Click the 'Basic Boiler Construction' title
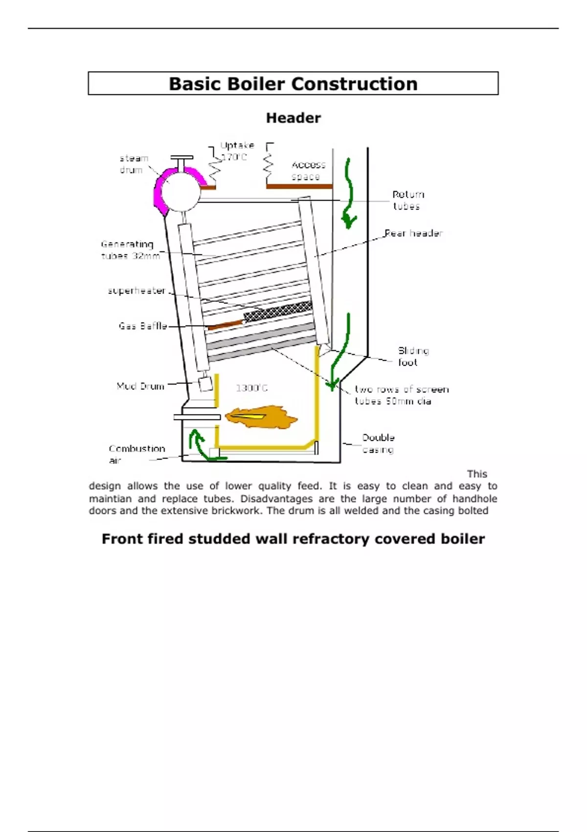coord(293,84)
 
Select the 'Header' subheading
coord(293,118)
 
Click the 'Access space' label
coord(308,170)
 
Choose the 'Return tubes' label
coord(408,200)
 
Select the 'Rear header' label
coord(413,233)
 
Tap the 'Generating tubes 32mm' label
coord(129,250)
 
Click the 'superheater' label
coord(136,291)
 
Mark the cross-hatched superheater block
coord(278,311)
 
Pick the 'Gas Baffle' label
coord(143,326)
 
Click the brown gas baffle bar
coord(225,324)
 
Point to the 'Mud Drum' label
coord(140,386)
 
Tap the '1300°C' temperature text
coord(251,388)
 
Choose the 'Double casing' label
coord(378,443)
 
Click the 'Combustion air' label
coord(136,454)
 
